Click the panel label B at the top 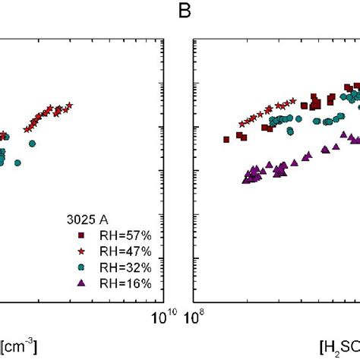183,11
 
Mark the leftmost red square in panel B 226,139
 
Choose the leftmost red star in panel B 242,123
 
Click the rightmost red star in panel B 293,99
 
